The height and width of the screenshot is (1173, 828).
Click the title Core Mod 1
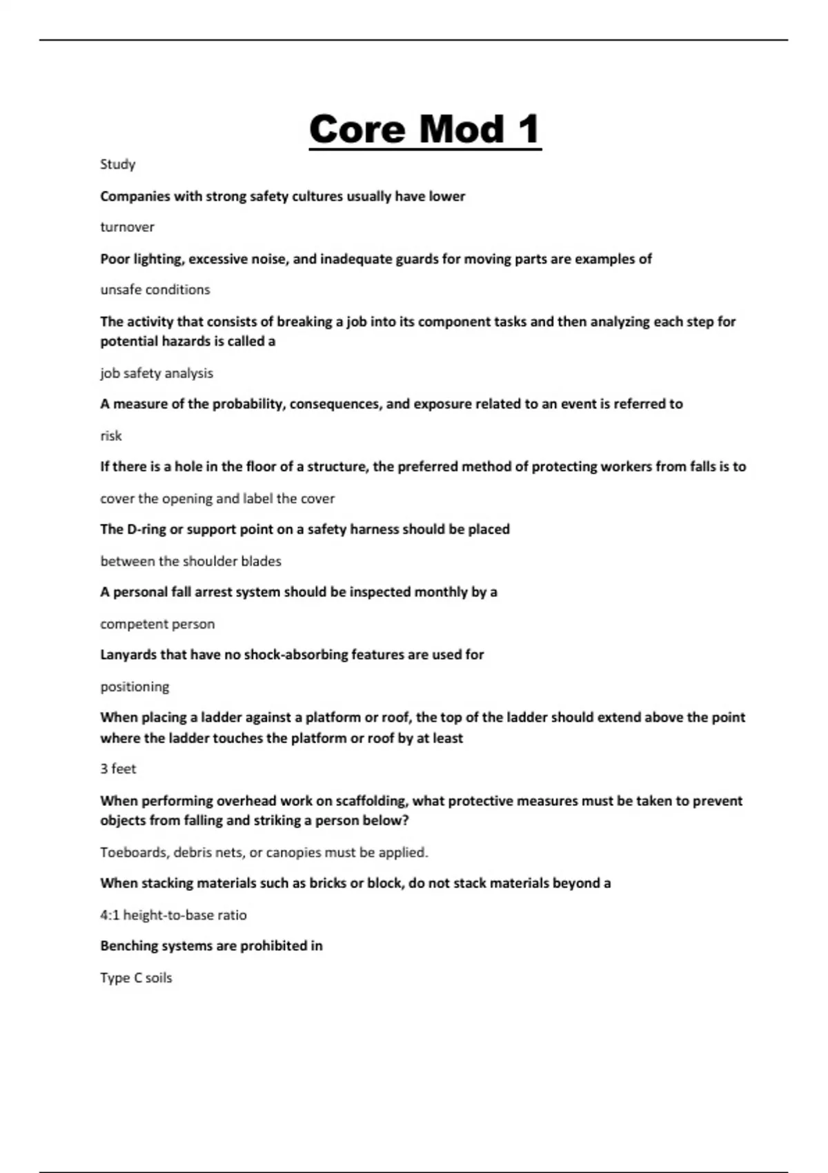425,129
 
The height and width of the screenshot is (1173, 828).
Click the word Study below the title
117,164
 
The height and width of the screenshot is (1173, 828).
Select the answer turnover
127,227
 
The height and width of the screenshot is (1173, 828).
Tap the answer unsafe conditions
155,290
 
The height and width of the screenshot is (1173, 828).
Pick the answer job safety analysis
157,373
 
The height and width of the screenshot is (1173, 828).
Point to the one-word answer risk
110,436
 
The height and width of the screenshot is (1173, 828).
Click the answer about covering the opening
217,498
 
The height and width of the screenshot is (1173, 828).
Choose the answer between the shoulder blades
190,561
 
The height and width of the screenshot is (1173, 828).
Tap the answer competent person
157,624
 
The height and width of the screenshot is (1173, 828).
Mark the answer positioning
135,687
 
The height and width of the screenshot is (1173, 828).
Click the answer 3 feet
118,769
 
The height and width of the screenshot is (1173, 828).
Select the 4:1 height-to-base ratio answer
173,915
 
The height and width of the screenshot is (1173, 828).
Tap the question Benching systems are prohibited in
211,946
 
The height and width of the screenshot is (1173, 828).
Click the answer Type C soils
136,978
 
